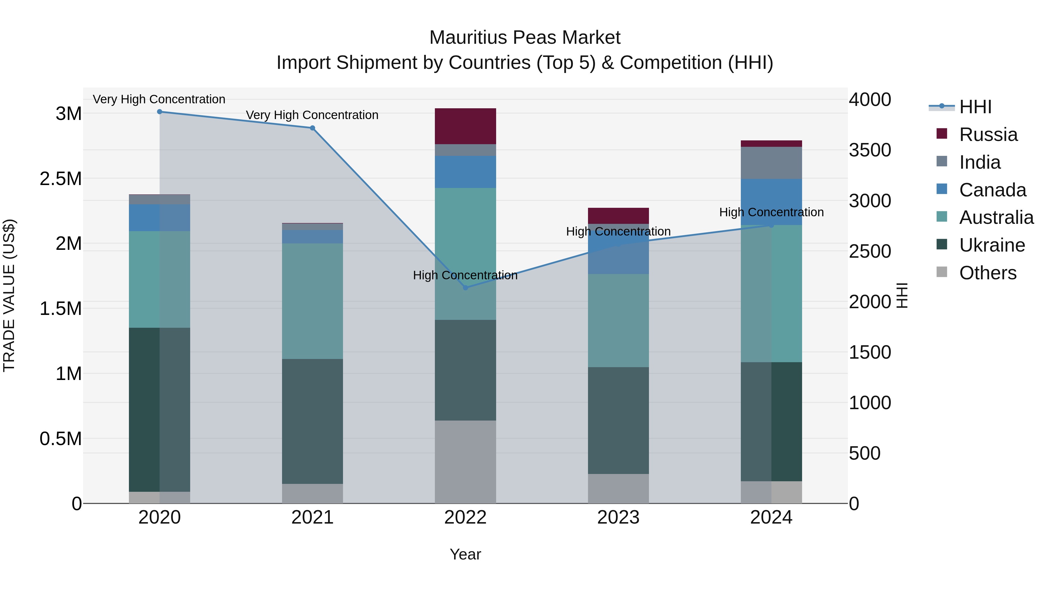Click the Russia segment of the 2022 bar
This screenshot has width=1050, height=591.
(465, 126)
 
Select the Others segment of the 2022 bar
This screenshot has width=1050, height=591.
(465, 462)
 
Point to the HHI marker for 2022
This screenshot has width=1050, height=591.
(466, 287)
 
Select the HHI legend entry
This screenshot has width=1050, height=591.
(974, 107)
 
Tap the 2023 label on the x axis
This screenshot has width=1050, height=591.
(618, 517)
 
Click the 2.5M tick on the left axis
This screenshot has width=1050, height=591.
(60, 179)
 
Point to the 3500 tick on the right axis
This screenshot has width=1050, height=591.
(869, 150)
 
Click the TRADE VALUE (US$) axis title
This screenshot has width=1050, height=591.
(9, 295)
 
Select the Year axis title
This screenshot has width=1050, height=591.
(465, 554)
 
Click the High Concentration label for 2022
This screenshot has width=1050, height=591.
(465, 275)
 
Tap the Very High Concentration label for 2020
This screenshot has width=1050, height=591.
(159, 99)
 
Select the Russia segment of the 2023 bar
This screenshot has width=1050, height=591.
(618, 215)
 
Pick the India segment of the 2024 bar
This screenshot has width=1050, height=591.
(771, 163)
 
